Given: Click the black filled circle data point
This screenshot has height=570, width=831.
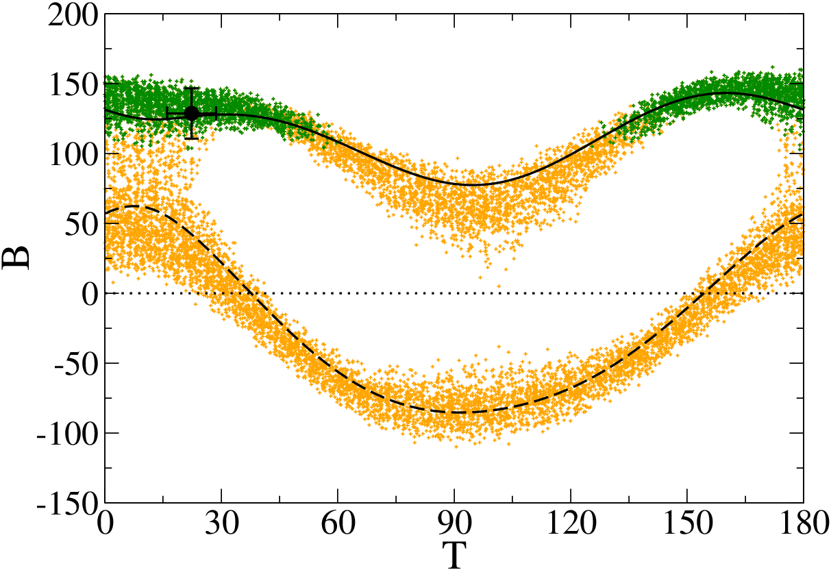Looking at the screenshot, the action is click(x=191, y=113).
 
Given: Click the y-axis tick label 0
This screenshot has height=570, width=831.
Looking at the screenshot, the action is click(x=90, y=294).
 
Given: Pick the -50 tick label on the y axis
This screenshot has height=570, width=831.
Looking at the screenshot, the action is click(x=77, y=364).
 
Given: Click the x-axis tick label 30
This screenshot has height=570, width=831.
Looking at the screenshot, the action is click(x=221, y=523).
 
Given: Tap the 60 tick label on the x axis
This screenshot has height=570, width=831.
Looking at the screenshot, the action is click(x=338, y=523).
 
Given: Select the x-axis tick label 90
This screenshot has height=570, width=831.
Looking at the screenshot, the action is click(x=454, y=523).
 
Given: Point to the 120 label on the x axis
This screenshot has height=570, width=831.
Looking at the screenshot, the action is click(x=571, y=523).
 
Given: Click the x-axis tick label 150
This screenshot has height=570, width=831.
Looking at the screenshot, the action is click(x=687, y=523).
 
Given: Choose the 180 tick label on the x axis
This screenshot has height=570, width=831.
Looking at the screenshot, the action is click(x=804, y=523).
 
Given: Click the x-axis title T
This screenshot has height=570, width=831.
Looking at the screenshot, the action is click(x=454, y=555).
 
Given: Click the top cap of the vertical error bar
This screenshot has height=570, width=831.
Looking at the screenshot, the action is click(x=191, y=88).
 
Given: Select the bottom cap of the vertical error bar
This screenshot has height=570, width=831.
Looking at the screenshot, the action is click(x=191, y=139).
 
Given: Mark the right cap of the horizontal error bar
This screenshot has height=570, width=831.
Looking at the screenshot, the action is click(x=216, y=113).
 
